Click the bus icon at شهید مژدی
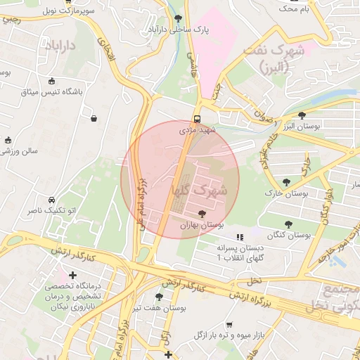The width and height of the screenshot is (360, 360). [x=197, y=119]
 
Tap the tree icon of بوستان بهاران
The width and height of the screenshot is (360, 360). [x=202, y=214]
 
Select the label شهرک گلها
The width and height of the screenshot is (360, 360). [x=199, y=190]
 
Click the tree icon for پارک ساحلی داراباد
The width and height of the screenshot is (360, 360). [x=178, y=18]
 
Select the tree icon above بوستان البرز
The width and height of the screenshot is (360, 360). [x=302, y=115]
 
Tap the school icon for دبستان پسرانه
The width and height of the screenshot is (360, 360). [x=240, y=237]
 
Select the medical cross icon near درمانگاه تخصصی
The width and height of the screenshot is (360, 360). [x=72, y=274]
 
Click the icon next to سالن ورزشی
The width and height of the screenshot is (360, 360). [x=8, y=140]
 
